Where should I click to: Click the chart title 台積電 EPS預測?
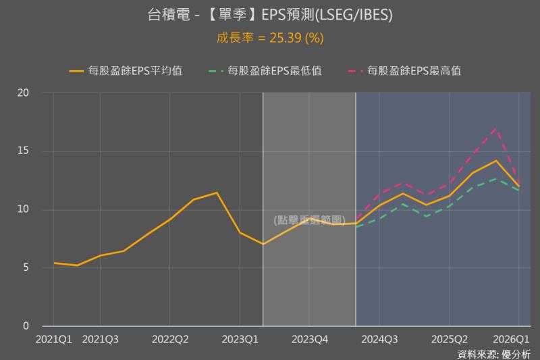(270, 15)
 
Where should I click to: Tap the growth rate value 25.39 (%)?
(270, 38)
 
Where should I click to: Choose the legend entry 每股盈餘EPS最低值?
(266, 70)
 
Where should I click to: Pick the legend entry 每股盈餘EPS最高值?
(405, 70)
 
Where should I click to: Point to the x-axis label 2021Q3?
(100, 338)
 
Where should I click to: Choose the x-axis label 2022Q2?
(169, 338)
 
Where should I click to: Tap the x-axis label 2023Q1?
(240, 338)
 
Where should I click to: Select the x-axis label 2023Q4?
(309, 338)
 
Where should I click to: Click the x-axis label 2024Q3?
(379, 338)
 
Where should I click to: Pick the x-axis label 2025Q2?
(449, 338)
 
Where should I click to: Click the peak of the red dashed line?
(496, 128)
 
